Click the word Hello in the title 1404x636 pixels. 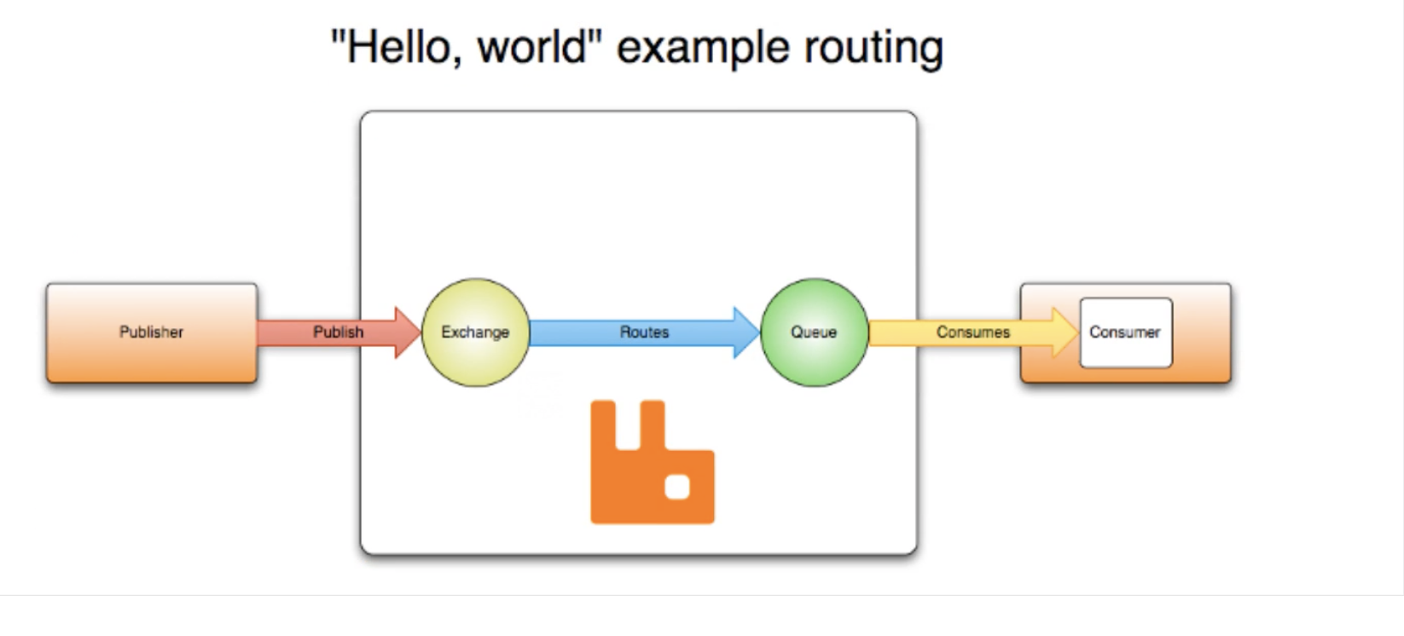(398, 47)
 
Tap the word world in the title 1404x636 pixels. (531, 47)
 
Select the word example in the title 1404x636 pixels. (692, 49)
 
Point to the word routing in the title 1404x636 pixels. (862, 49)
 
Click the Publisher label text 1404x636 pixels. (151, 332)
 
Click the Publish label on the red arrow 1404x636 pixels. (338, 332)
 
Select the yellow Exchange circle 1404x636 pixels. (475, 332)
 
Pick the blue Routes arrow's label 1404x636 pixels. (644, 332)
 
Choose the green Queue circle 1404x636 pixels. (814, 332)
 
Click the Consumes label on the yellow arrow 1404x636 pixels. (972, 332)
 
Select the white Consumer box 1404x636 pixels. (1125, 332)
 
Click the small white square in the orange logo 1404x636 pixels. (677, 487)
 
